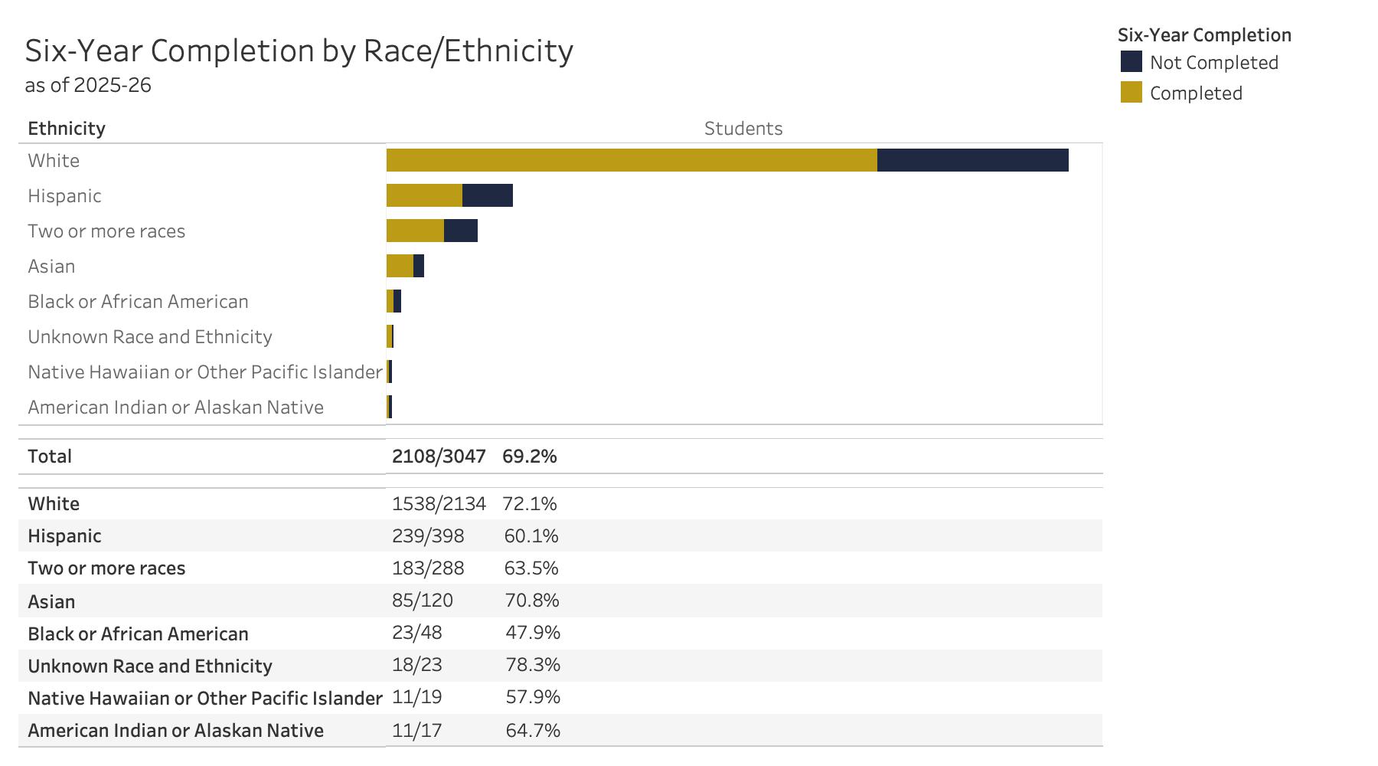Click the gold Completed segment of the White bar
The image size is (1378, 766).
click(632, 160)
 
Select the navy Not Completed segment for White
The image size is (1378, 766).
click(972, 160)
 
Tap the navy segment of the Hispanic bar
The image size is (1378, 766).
click(488, 195)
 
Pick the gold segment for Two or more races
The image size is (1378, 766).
click(415, 231)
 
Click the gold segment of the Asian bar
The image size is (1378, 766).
click(400, 266)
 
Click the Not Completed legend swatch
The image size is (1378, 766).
click(1131, 62)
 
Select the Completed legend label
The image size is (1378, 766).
click(1196, 93)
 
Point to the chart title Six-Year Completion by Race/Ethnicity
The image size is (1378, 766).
click(299, 51)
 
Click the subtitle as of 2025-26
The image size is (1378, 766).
click(88, 85)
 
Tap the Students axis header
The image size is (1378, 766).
click(743, 129)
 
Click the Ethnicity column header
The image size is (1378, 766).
click(67, 129)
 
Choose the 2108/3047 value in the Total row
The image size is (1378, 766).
click(439, 457)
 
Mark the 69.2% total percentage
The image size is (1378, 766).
click(530, 457)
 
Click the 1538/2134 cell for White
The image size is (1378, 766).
click(439, 504)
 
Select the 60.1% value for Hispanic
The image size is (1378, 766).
click(531, 536)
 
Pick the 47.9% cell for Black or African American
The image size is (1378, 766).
click(533, 633)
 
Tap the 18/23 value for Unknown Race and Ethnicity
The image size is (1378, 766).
click(416, 665)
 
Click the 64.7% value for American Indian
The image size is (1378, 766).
click(533, 731)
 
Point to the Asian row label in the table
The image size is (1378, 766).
click(51, 602)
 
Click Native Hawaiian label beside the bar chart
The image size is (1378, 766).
click(204, 372)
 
